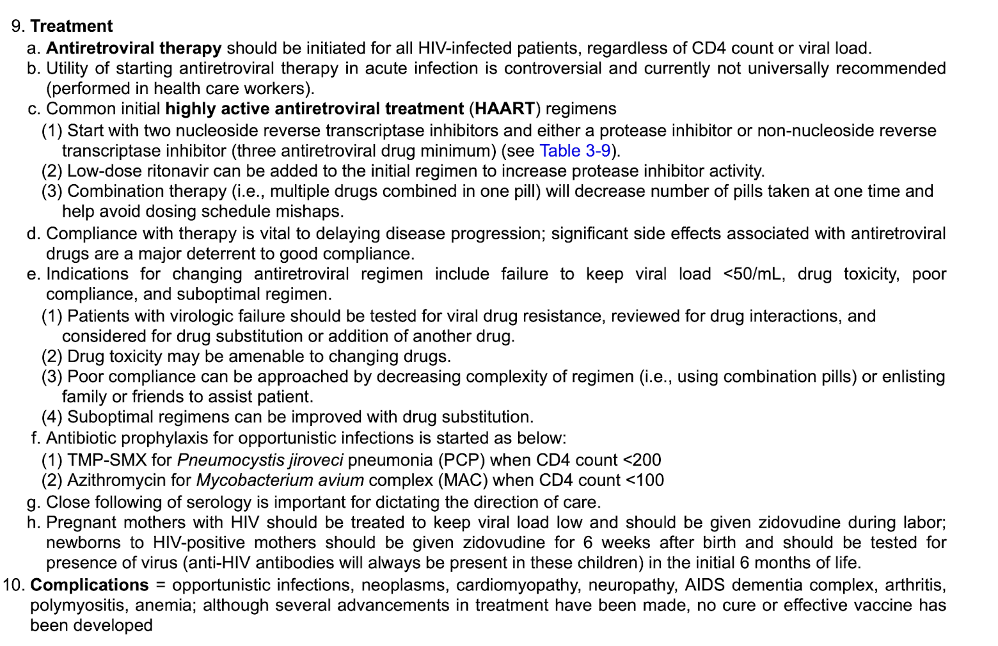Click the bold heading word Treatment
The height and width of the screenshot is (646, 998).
pos(71,26)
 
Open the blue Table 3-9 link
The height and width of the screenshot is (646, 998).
pos(574,151)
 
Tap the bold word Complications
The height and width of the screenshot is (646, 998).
pos(89,585)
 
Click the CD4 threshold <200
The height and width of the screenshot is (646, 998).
pos(642,461)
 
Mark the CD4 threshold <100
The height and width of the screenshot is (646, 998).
pos(644,480)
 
